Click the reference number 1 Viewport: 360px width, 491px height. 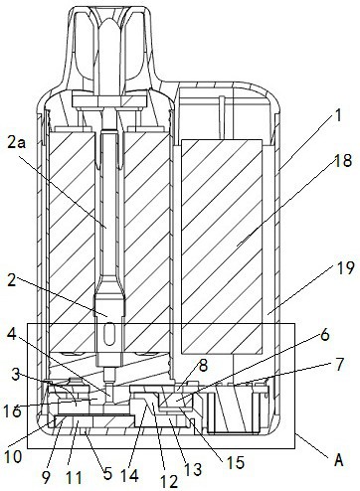tap(337, 116)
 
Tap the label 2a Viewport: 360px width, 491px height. tap(18, 141)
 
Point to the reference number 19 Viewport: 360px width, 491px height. tap(345, 267)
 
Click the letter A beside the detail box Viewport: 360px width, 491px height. tap(338, 461)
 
